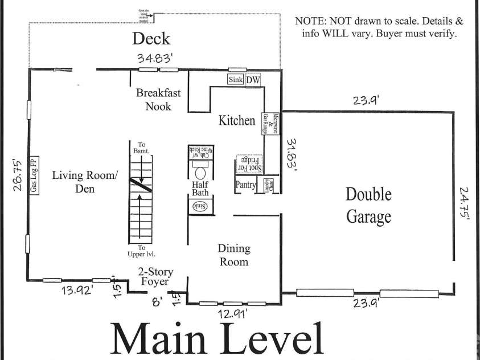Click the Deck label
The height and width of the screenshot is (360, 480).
[151, 39]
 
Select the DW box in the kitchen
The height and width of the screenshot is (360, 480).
[253, 80]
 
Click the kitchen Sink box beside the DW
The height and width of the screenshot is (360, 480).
[236, 80]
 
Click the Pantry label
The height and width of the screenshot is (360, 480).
[245, 185]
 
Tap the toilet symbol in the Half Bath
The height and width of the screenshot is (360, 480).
[200, 173]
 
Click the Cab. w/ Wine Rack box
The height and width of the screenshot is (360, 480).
[200, 152]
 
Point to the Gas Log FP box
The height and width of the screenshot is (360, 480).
[34, 175]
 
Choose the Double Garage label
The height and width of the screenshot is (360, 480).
[368, 205]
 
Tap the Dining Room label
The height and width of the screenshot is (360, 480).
[234, 255]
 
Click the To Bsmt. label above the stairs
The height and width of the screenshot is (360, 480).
[142, 148]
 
